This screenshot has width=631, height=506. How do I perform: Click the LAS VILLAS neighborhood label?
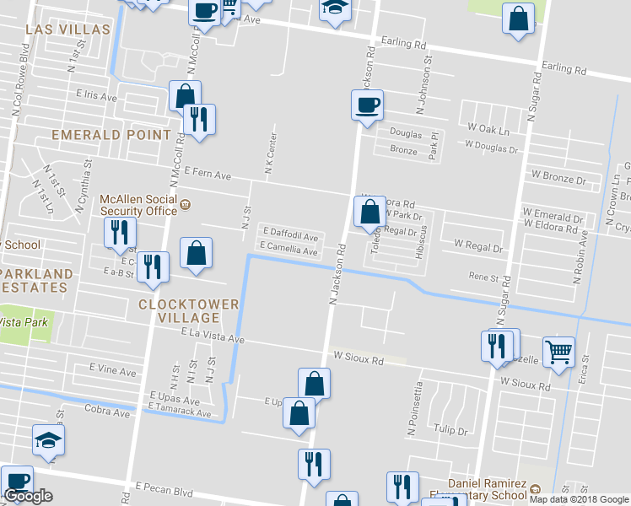point(67,30)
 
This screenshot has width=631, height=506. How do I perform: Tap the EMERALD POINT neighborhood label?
point(111,135)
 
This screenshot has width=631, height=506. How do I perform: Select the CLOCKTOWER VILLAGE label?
point(190,310)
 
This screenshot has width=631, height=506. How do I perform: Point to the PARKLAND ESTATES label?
point(36,281)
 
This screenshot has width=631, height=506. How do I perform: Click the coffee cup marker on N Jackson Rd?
point(367,106)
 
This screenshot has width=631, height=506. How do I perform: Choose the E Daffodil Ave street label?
point(290,238)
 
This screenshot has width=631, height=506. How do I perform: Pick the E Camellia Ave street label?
point(289,250)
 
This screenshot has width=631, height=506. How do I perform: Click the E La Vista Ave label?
point(212,336)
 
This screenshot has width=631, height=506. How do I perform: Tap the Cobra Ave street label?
point(107,412)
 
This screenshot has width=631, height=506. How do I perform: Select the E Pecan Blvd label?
point(164,489)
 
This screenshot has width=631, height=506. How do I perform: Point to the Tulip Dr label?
point(450,431)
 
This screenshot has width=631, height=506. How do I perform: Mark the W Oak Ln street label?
point(488,132)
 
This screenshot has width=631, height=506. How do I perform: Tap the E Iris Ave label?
point(96,97)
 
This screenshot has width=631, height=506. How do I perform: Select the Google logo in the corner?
point(28,496)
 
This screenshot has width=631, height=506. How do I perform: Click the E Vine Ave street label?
point(112,371)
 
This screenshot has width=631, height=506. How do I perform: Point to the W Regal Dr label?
point(478,247)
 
